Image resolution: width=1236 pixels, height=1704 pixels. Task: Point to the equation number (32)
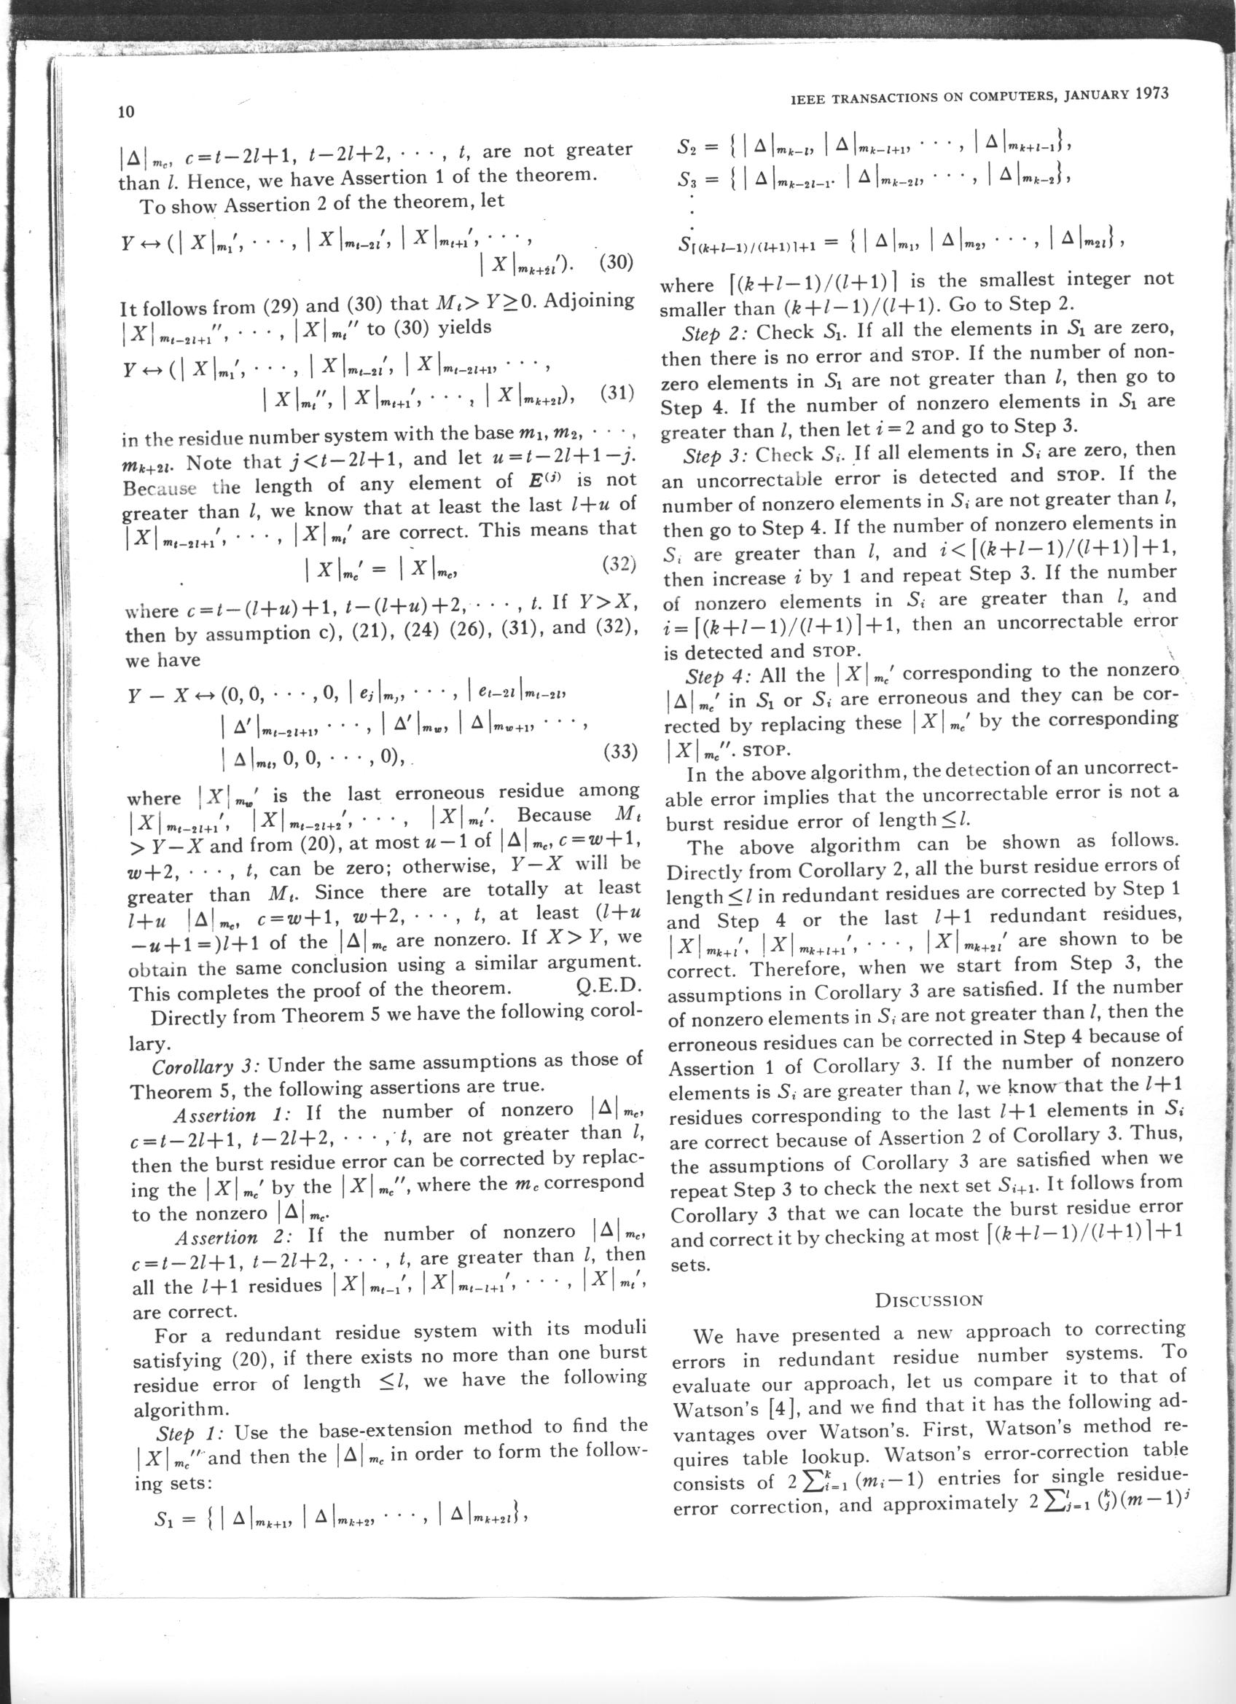coord(619,565)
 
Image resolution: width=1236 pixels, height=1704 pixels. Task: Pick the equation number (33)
coord(620,751)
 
